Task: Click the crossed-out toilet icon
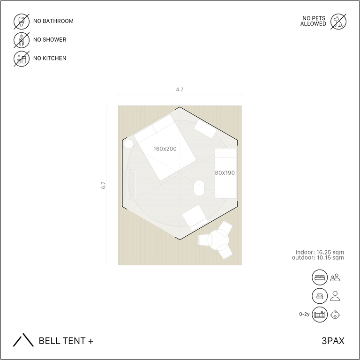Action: pos(22,22)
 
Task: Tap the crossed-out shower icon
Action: pos(22,40)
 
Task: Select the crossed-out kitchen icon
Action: pos(22,59)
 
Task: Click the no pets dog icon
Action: pos(338,22)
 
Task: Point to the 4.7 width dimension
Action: pos(180,90)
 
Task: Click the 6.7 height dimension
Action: pos(103,185)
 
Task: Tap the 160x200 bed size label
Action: pos(165,149)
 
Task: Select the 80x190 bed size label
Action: pos(225,173)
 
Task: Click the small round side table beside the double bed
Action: pos(128,144)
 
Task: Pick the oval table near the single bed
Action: pos(199,188)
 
